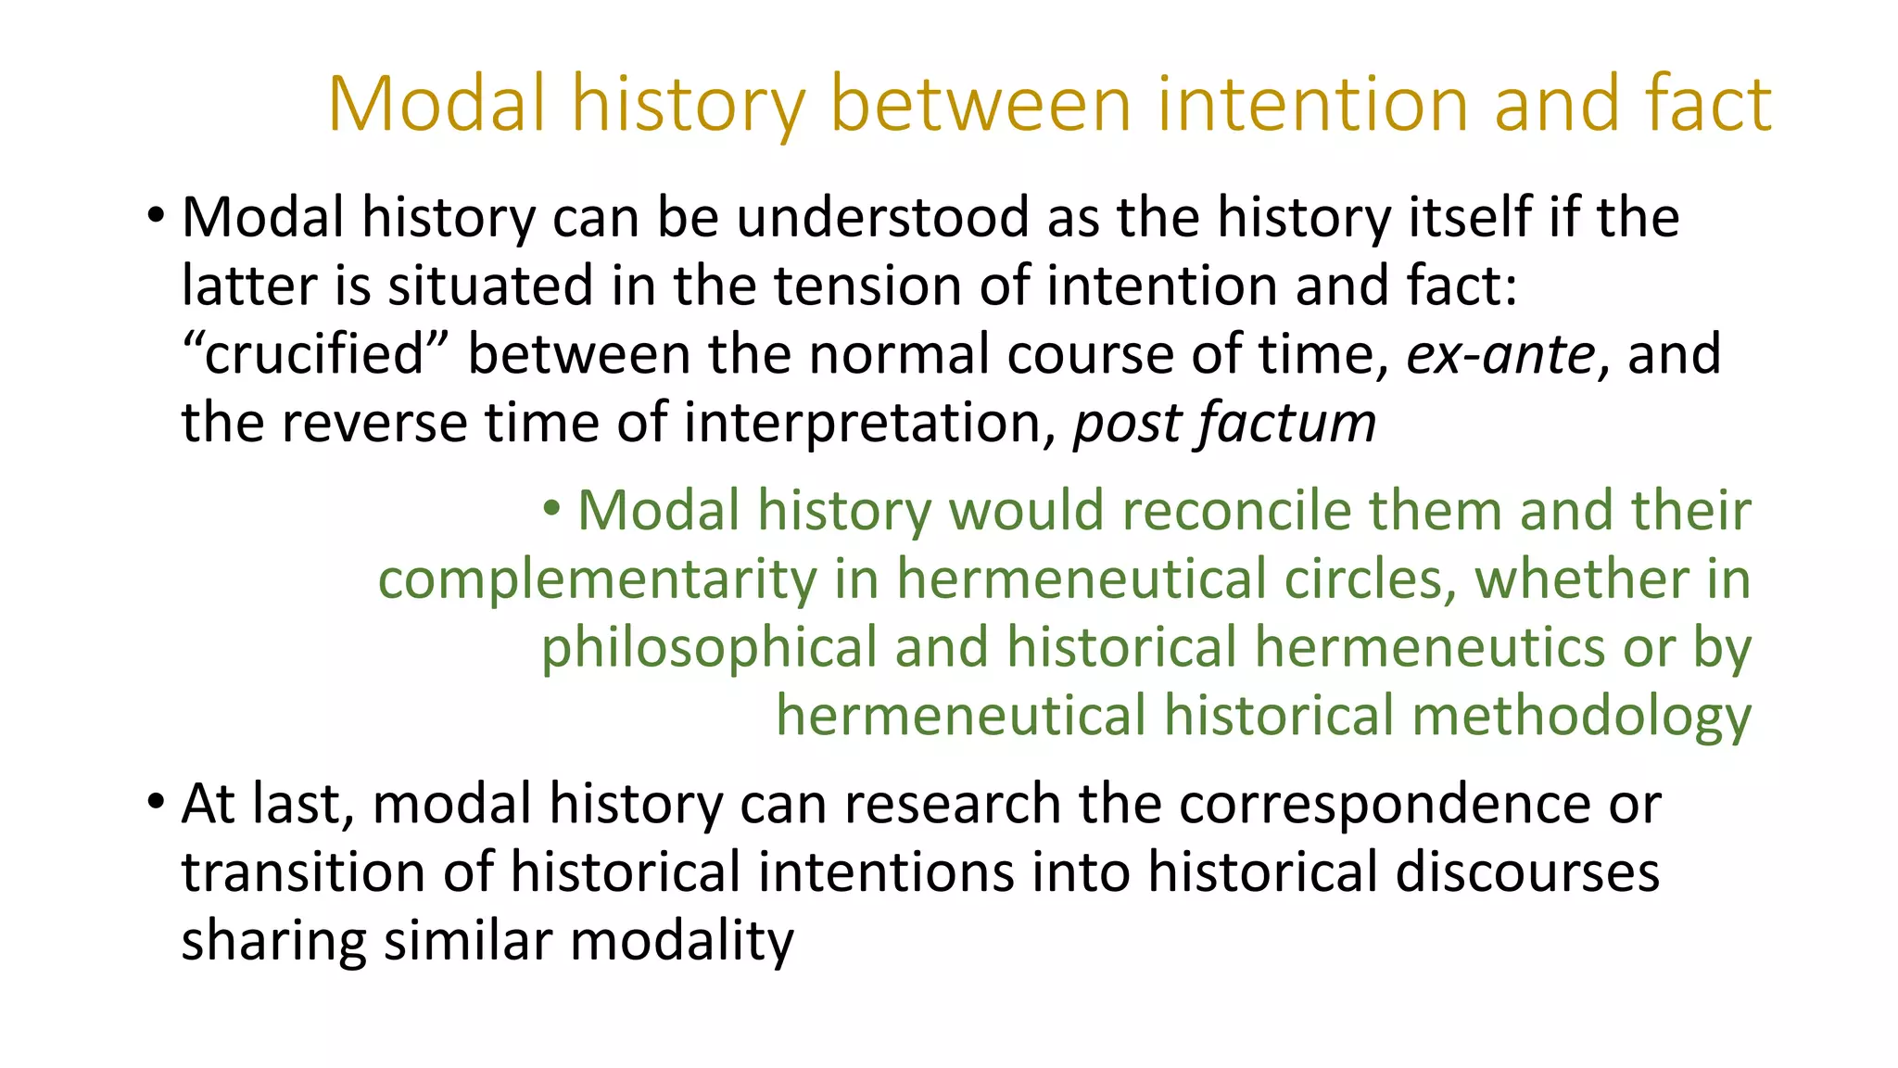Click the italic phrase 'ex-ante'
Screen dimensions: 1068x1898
1500,355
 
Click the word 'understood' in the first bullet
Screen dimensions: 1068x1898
882,218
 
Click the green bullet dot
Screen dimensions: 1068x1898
552,508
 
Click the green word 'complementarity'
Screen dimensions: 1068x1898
597,579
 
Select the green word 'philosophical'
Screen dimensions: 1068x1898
709,648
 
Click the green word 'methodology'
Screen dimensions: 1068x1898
1581,717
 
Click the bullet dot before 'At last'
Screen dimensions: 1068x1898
155,802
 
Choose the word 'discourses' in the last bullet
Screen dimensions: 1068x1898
1526,872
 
